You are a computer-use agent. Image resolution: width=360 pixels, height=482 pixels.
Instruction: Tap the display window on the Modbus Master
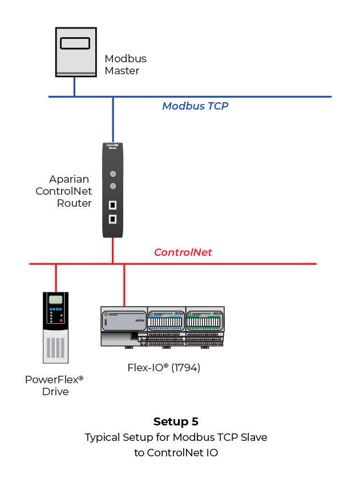74,43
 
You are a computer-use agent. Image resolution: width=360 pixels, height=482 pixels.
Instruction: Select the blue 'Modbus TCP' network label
195,106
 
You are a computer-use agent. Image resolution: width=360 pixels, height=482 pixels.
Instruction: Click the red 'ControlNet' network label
183,252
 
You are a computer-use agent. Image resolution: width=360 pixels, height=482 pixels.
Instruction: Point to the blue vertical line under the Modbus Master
74,87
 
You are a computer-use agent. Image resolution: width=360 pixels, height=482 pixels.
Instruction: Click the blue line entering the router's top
113,119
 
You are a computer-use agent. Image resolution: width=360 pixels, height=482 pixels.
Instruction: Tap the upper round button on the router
113,174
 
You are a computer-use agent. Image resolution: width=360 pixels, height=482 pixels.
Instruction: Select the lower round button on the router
113,186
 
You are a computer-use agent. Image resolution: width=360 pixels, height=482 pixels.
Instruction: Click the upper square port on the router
113,205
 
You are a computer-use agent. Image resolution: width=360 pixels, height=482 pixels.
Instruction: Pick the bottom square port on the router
113,219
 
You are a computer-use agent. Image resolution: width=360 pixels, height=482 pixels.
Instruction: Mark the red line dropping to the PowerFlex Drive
55,278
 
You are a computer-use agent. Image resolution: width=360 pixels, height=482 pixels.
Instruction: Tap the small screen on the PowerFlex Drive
55,300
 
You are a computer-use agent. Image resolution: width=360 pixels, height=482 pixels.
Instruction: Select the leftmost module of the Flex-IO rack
124,326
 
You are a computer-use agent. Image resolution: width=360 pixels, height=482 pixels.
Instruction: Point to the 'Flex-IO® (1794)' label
164,367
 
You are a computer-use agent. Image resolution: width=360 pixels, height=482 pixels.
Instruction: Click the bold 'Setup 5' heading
176,422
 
